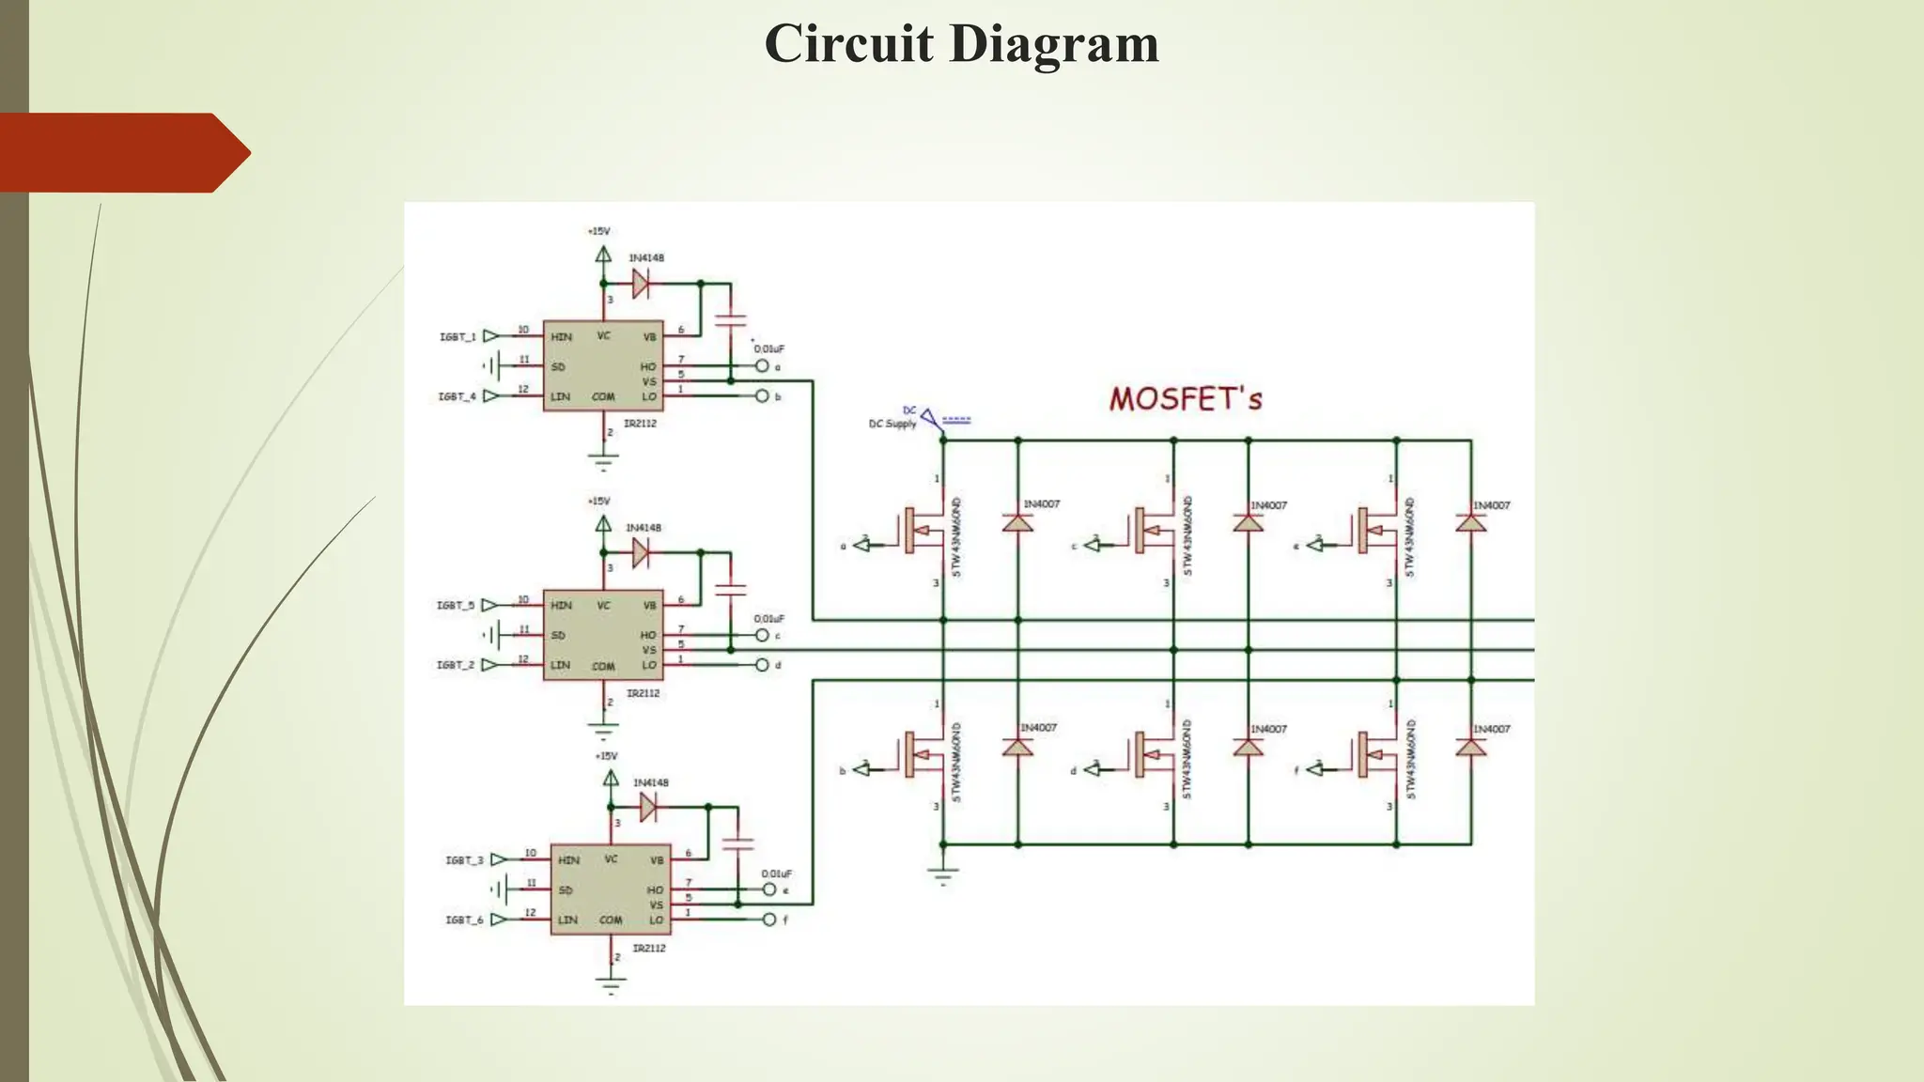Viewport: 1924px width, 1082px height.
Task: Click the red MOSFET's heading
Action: [x=1186, y=398]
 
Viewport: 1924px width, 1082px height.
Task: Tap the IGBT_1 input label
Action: [x=458, y=336]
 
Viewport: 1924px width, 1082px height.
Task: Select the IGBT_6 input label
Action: [x=464, y=920]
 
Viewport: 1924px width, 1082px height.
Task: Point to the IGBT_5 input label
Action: [x=456, y=605]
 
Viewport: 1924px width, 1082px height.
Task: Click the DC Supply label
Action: [x=892, y=424]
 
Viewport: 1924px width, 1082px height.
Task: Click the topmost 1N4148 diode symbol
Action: [x=641, y=283]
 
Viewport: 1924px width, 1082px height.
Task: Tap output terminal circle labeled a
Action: [x=762, y=366]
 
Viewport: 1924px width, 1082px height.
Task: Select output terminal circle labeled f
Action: [x=769, y=920]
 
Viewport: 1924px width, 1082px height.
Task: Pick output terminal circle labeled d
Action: [x=762, y=665]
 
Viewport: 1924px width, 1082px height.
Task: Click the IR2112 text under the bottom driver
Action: [x=648, y=949]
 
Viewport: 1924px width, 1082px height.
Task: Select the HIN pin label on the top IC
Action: [x=561, y=337]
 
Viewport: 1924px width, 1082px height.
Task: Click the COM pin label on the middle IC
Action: [x=603, y=666]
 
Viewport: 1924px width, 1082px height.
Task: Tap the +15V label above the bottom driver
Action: [x=606, y=755]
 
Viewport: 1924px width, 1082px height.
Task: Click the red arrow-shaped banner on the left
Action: [x=122, y=153]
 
